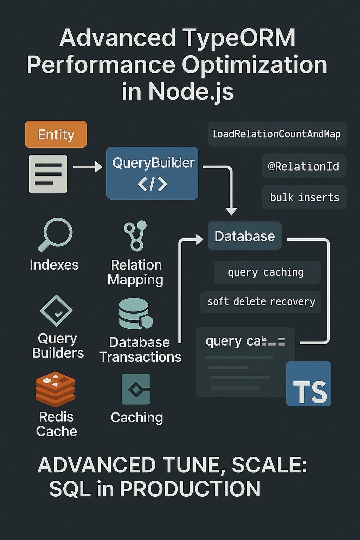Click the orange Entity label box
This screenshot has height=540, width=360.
(x=56, y=134)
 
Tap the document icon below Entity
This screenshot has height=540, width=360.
(x=48, y=174)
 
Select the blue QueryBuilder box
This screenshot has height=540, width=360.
(x=152, y=173)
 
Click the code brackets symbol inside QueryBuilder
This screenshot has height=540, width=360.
(x=152, y=184)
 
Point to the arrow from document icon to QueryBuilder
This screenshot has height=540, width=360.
(x=88, y=167)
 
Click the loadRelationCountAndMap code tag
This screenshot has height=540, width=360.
(x=277, y=134)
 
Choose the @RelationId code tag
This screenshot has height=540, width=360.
(x=304, y=166)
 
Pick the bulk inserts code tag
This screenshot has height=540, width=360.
(x=304, y=197)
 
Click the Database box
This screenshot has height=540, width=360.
(x=245, y=236)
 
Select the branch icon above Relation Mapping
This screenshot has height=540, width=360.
(x=136, y=236)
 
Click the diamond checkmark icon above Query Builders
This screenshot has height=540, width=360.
(x=56, y=311)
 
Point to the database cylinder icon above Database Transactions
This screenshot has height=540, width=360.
(x=136, y=314)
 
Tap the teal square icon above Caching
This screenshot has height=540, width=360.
(x=136, y=389)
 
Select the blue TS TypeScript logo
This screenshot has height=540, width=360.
(x=309, y=384)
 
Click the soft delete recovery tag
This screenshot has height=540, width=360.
(x=261, y=302)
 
